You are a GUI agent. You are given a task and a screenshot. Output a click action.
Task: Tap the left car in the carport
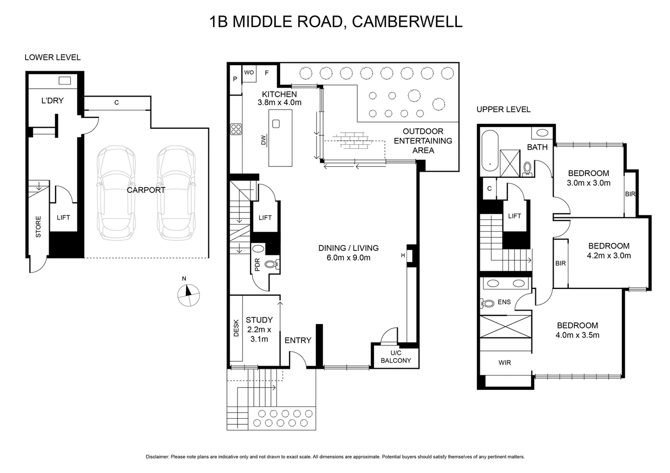(x=116, y=193)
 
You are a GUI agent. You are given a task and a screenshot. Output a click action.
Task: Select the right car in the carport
(x=176, y=193)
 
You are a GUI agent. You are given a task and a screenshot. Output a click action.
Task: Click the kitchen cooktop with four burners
(x=236, y=129)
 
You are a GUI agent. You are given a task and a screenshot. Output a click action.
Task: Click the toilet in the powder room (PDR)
(x=272, y=264)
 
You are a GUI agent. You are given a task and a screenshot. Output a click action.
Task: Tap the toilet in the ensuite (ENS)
(x=488, y=303)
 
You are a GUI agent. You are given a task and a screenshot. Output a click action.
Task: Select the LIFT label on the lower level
(x=63, y=217)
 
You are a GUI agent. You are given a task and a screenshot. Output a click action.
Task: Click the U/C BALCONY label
(x=396, y=357)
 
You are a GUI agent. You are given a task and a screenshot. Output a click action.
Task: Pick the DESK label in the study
(x=236, y=328)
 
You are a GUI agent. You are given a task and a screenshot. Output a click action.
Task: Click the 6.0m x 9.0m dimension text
(x=348, y=258)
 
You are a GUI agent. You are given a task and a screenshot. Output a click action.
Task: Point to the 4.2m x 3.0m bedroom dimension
(x=609, y=256)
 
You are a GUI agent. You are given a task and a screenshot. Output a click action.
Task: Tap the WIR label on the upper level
(x=505, y=363)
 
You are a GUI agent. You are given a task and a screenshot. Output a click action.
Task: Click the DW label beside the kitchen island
(x=264, y=140)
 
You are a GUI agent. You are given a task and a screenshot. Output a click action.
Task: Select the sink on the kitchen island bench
(x=276, y=124)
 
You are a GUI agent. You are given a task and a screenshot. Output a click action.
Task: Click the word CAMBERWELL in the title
(x=407, y=21)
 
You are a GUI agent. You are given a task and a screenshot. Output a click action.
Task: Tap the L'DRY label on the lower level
(x=52, y=101)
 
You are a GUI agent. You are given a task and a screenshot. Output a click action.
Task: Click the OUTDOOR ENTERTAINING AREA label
(x=423, y=141)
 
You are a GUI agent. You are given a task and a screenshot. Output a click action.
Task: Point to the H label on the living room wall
(x=403, y=255)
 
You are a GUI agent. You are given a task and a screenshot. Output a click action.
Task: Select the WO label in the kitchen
(x=249, y=72)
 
